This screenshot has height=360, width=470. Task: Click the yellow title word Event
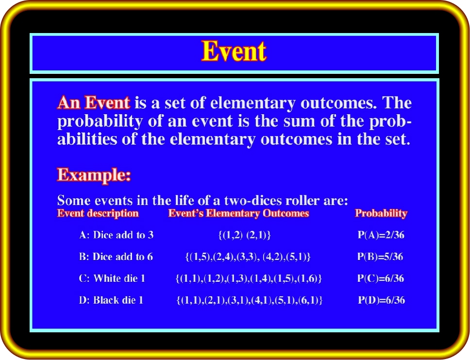click(234, 51)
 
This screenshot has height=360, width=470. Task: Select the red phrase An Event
click(94, 103)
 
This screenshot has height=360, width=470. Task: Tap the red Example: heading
click(94, 175)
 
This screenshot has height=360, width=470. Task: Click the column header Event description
click(98, 213)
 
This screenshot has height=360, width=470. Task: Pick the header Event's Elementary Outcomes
click(238, 213)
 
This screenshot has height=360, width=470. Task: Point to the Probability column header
click(381, 213)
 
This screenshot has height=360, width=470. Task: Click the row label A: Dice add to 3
click(117, 235)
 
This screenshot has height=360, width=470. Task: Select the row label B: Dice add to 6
click(116, 257)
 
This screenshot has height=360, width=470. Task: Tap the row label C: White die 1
click(112, 278)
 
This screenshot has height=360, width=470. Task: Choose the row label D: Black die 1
click(111, 300)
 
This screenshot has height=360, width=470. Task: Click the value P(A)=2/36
click(381, 235)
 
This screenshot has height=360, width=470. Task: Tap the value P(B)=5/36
click(380, 257)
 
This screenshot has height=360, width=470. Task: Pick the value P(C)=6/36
click(381, 278)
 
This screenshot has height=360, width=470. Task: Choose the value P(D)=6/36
click(382, 300)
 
